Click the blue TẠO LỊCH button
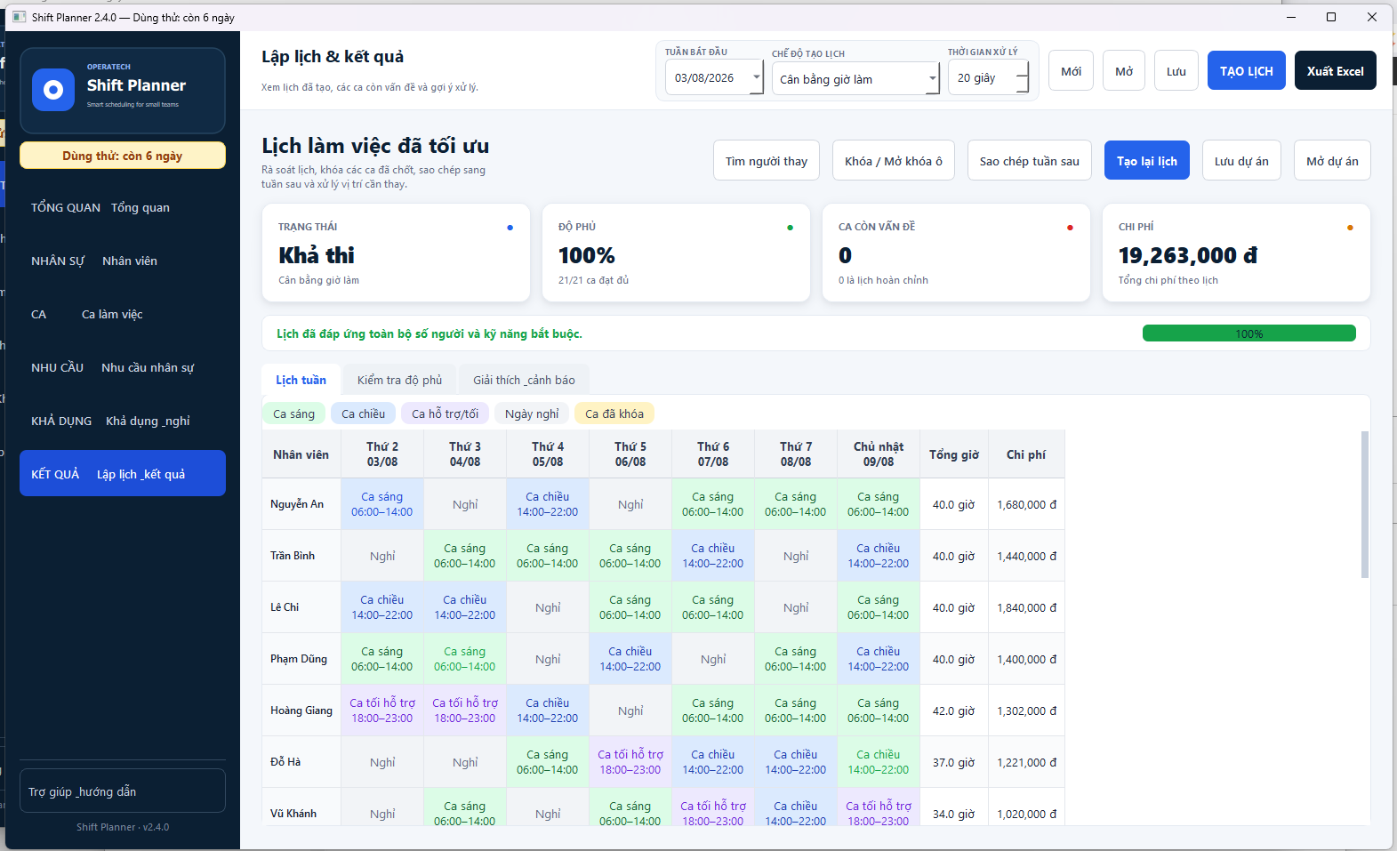[1246, 70]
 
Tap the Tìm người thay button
[766, 161]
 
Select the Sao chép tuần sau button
[1029, 161]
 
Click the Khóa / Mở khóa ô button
[893, 161]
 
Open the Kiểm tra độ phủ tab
[399, 380]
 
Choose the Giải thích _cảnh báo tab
[524, 380]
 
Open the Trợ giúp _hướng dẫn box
[122, 791]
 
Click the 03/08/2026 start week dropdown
[714, 78]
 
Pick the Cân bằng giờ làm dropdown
[855, 79]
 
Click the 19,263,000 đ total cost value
[1187, 255]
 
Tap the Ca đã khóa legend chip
[614, 413]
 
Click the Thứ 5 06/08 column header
[630, 454]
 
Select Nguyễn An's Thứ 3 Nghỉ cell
[465, 503]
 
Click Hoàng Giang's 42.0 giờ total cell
[953, 711]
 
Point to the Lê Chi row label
[285, 606]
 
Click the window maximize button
[1331, 17]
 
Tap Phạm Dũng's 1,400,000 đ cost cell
[1026, 658]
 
